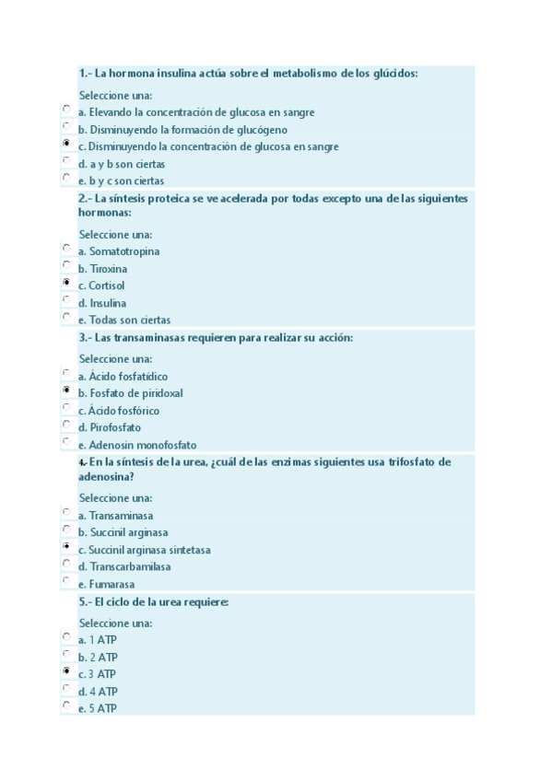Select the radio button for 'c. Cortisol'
click(x=66, y=283)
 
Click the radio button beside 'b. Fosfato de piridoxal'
click(x=66, y=390)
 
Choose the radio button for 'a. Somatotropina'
click(x=66, y=248)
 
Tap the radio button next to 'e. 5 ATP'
click(x=66, y=705)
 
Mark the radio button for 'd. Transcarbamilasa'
click(x=66, y=564)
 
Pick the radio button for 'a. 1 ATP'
click(x=66, y=636)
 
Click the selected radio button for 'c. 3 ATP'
click(x=66, y=671)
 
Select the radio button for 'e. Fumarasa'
click(x=66, y=581)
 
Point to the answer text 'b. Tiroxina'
click(x=103, y=269)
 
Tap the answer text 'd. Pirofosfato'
click(x=110, y=428)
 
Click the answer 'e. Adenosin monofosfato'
click(x=137, y=445)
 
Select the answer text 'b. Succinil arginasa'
click(x=123, y=533)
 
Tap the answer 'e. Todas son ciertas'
click(x=124, y=321)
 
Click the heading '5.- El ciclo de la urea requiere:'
click(x=154, y=602)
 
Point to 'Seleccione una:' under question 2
click(x=115, y=234)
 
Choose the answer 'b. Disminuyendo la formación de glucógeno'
click(x=182, y=130)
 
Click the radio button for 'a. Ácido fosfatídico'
click(x=66, y=373)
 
